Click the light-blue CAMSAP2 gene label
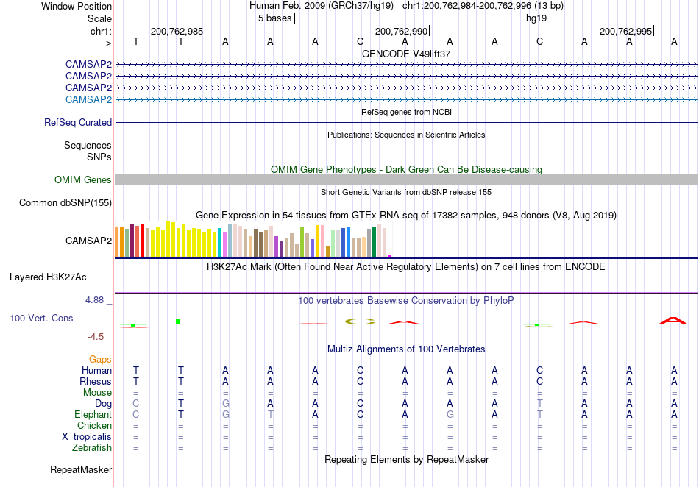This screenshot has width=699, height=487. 88,99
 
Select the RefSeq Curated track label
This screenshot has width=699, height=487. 78,123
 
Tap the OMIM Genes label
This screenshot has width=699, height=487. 83,179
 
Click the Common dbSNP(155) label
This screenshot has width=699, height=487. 65,203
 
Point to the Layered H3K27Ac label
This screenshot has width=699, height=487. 48,277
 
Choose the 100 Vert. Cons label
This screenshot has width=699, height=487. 41,318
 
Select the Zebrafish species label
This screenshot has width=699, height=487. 92,448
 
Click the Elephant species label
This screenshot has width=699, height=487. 93,415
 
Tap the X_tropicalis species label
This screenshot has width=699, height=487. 87,437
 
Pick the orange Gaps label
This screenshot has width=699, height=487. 100,359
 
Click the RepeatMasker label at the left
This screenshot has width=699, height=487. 81,469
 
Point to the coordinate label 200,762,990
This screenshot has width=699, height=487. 401,31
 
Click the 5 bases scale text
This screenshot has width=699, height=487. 274,18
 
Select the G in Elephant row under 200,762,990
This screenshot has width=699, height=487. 450,415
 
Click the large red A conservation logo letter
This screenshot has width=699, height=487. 673,320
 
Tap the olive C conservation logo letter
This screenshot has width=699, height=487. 360,321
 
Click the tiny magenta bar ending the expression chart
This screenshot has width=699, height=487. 390,256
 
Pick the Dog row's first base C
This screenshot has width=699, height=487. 136,404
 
